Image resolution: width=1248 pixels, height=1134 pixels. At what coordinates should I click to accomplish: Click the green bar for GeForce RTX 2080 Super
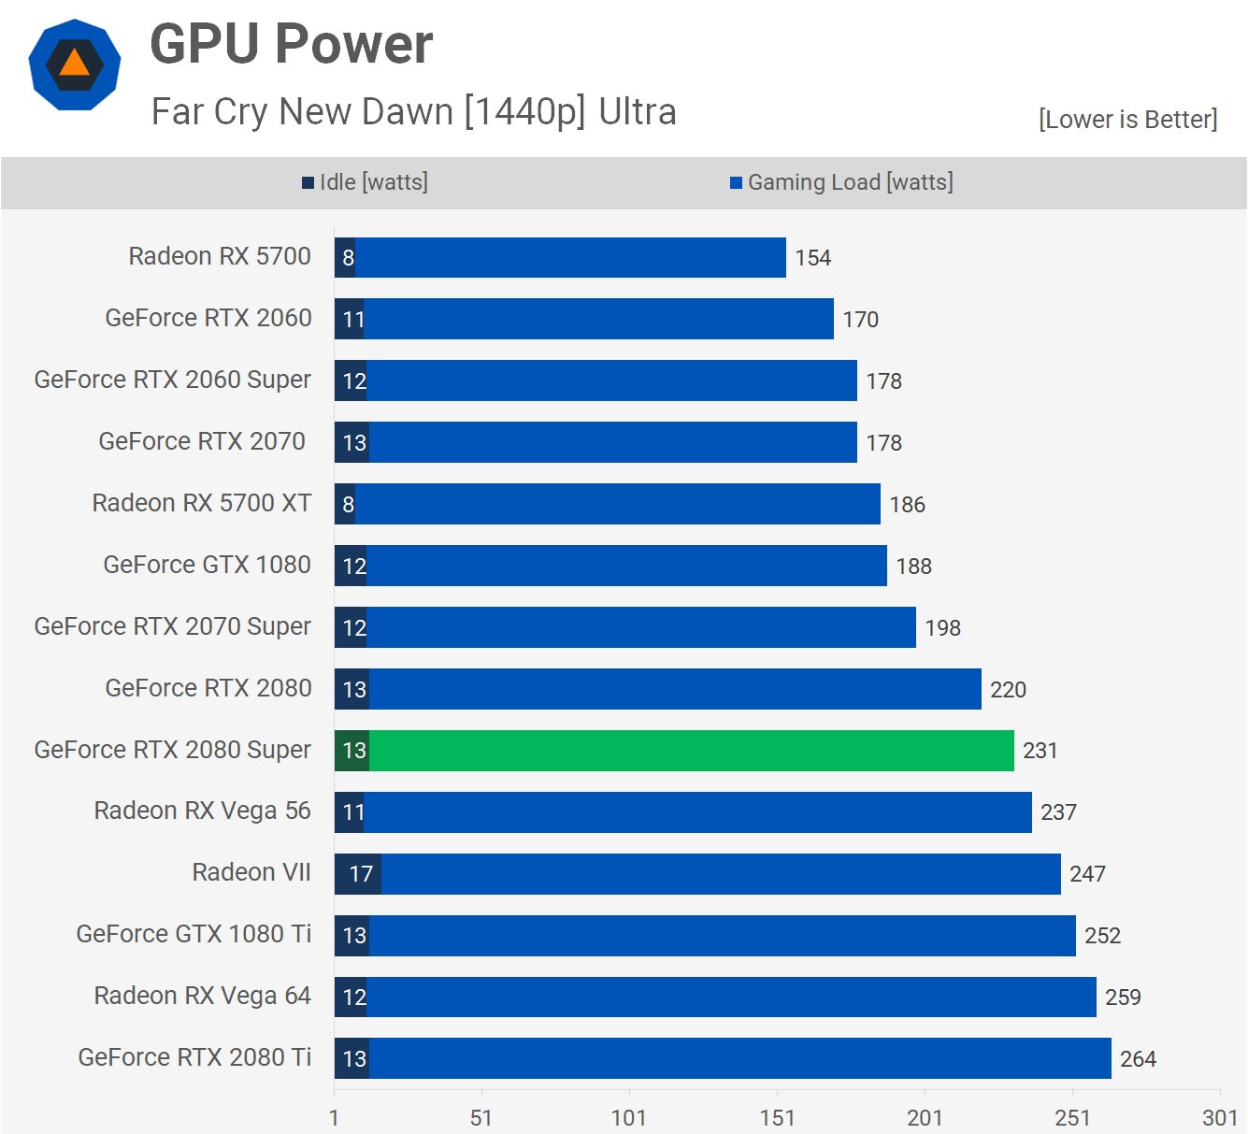691,751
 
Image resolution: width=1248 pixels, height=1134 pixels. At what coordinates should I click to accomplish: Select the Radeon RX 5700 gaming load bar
570,257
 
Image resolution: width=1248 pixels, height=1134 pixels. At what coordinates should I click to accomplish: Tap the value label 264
1138,1059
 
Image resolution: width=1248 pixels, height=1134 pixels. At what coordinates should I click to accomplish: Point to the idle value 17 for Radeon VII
361,874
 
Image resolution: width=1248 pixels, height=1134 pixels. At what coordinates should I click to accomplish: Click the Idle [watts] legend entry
365,182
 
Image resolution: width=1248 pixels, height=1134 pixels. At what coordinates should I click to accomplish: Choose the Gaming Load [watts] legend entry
841,182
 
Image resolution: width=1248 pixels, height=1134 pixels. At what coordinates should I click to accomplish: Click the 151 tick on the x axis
777,1118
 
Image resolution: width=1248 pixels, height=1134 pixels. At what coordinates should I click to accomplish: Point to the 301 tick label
1220,1118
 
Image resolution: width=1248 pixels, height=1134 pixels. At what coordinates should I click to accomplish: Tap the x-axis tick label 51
481,1118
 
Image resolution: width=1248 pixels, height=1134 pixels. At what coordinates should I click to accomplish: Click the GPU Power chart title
291,44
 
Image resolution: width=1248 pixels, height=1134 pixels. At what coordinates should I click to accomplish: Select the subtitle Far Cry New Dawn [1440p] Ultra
413,111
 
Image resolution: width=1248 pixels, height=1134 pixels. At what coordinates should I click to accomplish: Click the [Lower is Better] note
1127,120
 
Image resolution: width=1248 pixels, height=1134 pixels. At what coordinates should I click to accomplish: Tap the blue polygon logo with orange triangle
75,65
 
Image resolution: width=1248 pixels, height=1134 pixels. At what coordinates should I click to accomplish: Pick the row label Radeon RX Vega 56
202,811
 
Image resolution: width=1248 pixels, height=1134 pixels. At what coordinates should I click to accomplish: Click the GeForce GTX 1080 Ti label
194,934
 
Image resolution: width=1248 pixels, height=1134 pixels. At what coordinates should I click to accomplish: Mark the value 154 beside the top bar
812,258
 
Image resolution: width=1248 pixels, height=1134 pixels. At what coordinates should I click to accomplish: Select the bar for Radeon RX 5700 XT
617,504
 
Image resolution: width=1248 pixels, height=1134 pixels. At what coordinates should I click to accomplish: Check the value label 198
942,628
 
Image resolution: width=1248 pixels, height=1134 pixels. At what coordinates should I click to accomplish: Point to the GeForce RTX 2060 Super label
172,380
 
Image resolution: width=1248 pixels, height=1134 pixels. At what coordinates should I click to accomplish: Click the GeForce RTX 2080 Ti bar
739,1058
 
